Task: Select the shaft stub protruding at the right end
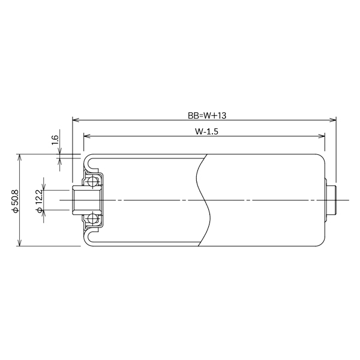pos(331,200)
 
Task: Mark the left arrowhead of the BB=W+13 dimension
pos(74,119)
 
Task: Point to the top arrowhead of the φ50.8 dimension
pos(20,157)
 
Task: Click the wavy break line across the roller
pos(203,200)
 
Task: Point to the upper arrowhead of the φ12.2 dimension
pos(43,187)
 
